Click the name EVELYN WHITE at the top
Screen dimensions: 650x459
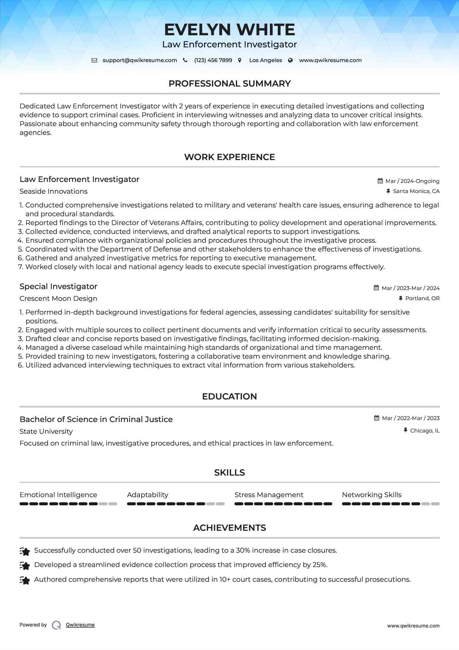click(x=229, y=30)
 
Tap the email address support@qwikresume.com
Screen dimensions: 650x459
click(x=140, y=60)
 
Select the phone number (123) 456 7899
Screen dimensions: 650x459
click(x=213, y=60)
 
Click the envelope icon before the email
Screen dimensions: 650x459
click(x=94, y=60)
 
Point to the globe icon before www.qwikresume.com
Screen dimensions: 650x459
click(x=290, y=60)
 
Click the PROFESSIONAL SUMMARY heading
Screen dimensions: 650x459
click(x=229, y=84)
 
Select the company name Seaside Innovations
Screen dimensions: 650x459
click(x=54, y=191)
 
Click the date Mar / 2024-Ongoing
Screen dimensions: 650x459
click(x=412, y=181)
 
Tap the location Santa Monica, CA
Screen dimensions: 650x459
click(x=416, y=191)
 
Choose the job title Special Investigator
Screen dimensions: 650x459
click(x=58, y=286)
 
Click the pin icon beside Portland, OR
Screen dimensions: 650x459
click(x=401, y=298)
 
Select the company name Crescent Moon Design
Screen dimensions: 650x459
click(x=58, y=299)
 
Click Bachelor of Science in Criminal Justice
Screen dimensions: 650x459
click(x=96, y=419)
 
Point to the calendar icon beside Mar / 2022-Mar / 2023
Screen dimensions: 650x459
click(x=377, y=418)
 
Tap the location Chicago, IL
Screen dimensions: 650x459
click(x=425, y=431)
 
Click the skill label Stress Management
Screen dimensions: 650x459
click(x=269, y=495)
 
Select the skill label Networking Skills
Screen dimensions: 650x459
click(x=372, y=495)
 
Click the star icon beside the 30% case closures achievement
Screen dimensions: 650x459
click(x=25, y=551)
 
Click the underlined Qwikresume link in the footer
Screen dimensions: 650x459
click(x=80, y=625)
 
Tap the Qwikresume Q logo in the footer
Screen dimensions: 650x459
click(x=56, y=625)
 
